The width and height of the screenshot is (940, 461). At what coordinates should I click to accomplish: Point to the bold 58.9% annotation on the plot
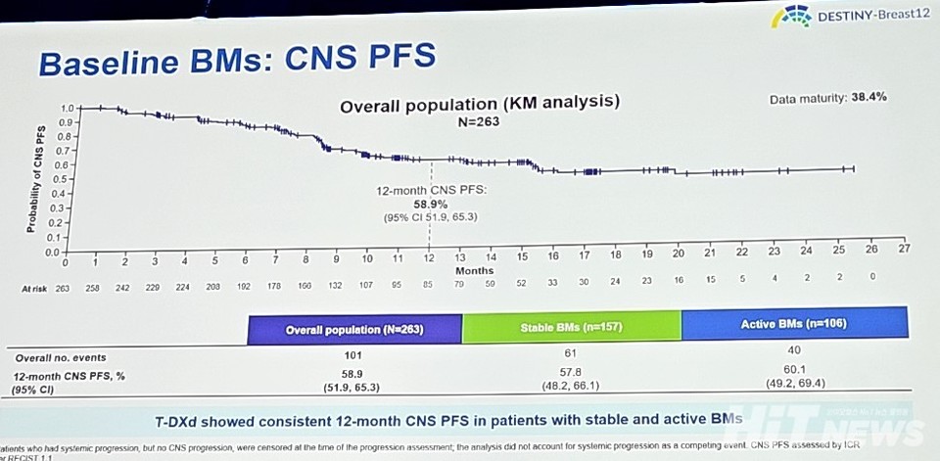(x=430, y=203)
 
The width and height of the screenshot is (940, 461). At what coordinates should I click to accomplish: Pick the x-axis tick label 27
(x=903, y=249)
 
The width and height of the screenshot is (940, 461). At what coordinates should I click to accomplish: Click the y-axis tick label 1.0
(x=67, y=108)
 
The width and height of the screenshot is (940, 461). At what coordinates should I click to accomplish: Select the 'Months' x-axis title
(x=475, y=270)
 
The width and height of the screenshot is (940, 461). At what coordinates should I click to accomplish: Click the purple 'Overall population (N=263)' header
(x=353, y=329)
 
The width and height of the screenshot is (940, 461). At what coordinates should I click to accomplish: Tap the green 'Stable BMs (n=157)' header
(x=571, y=327)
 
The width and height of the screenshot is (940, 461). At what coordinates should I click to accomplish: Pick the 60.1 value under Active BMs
(x=795, y=370)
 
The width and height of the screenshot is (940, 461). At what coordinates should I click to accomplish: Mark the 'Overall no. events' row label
(x=60, y=357)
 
